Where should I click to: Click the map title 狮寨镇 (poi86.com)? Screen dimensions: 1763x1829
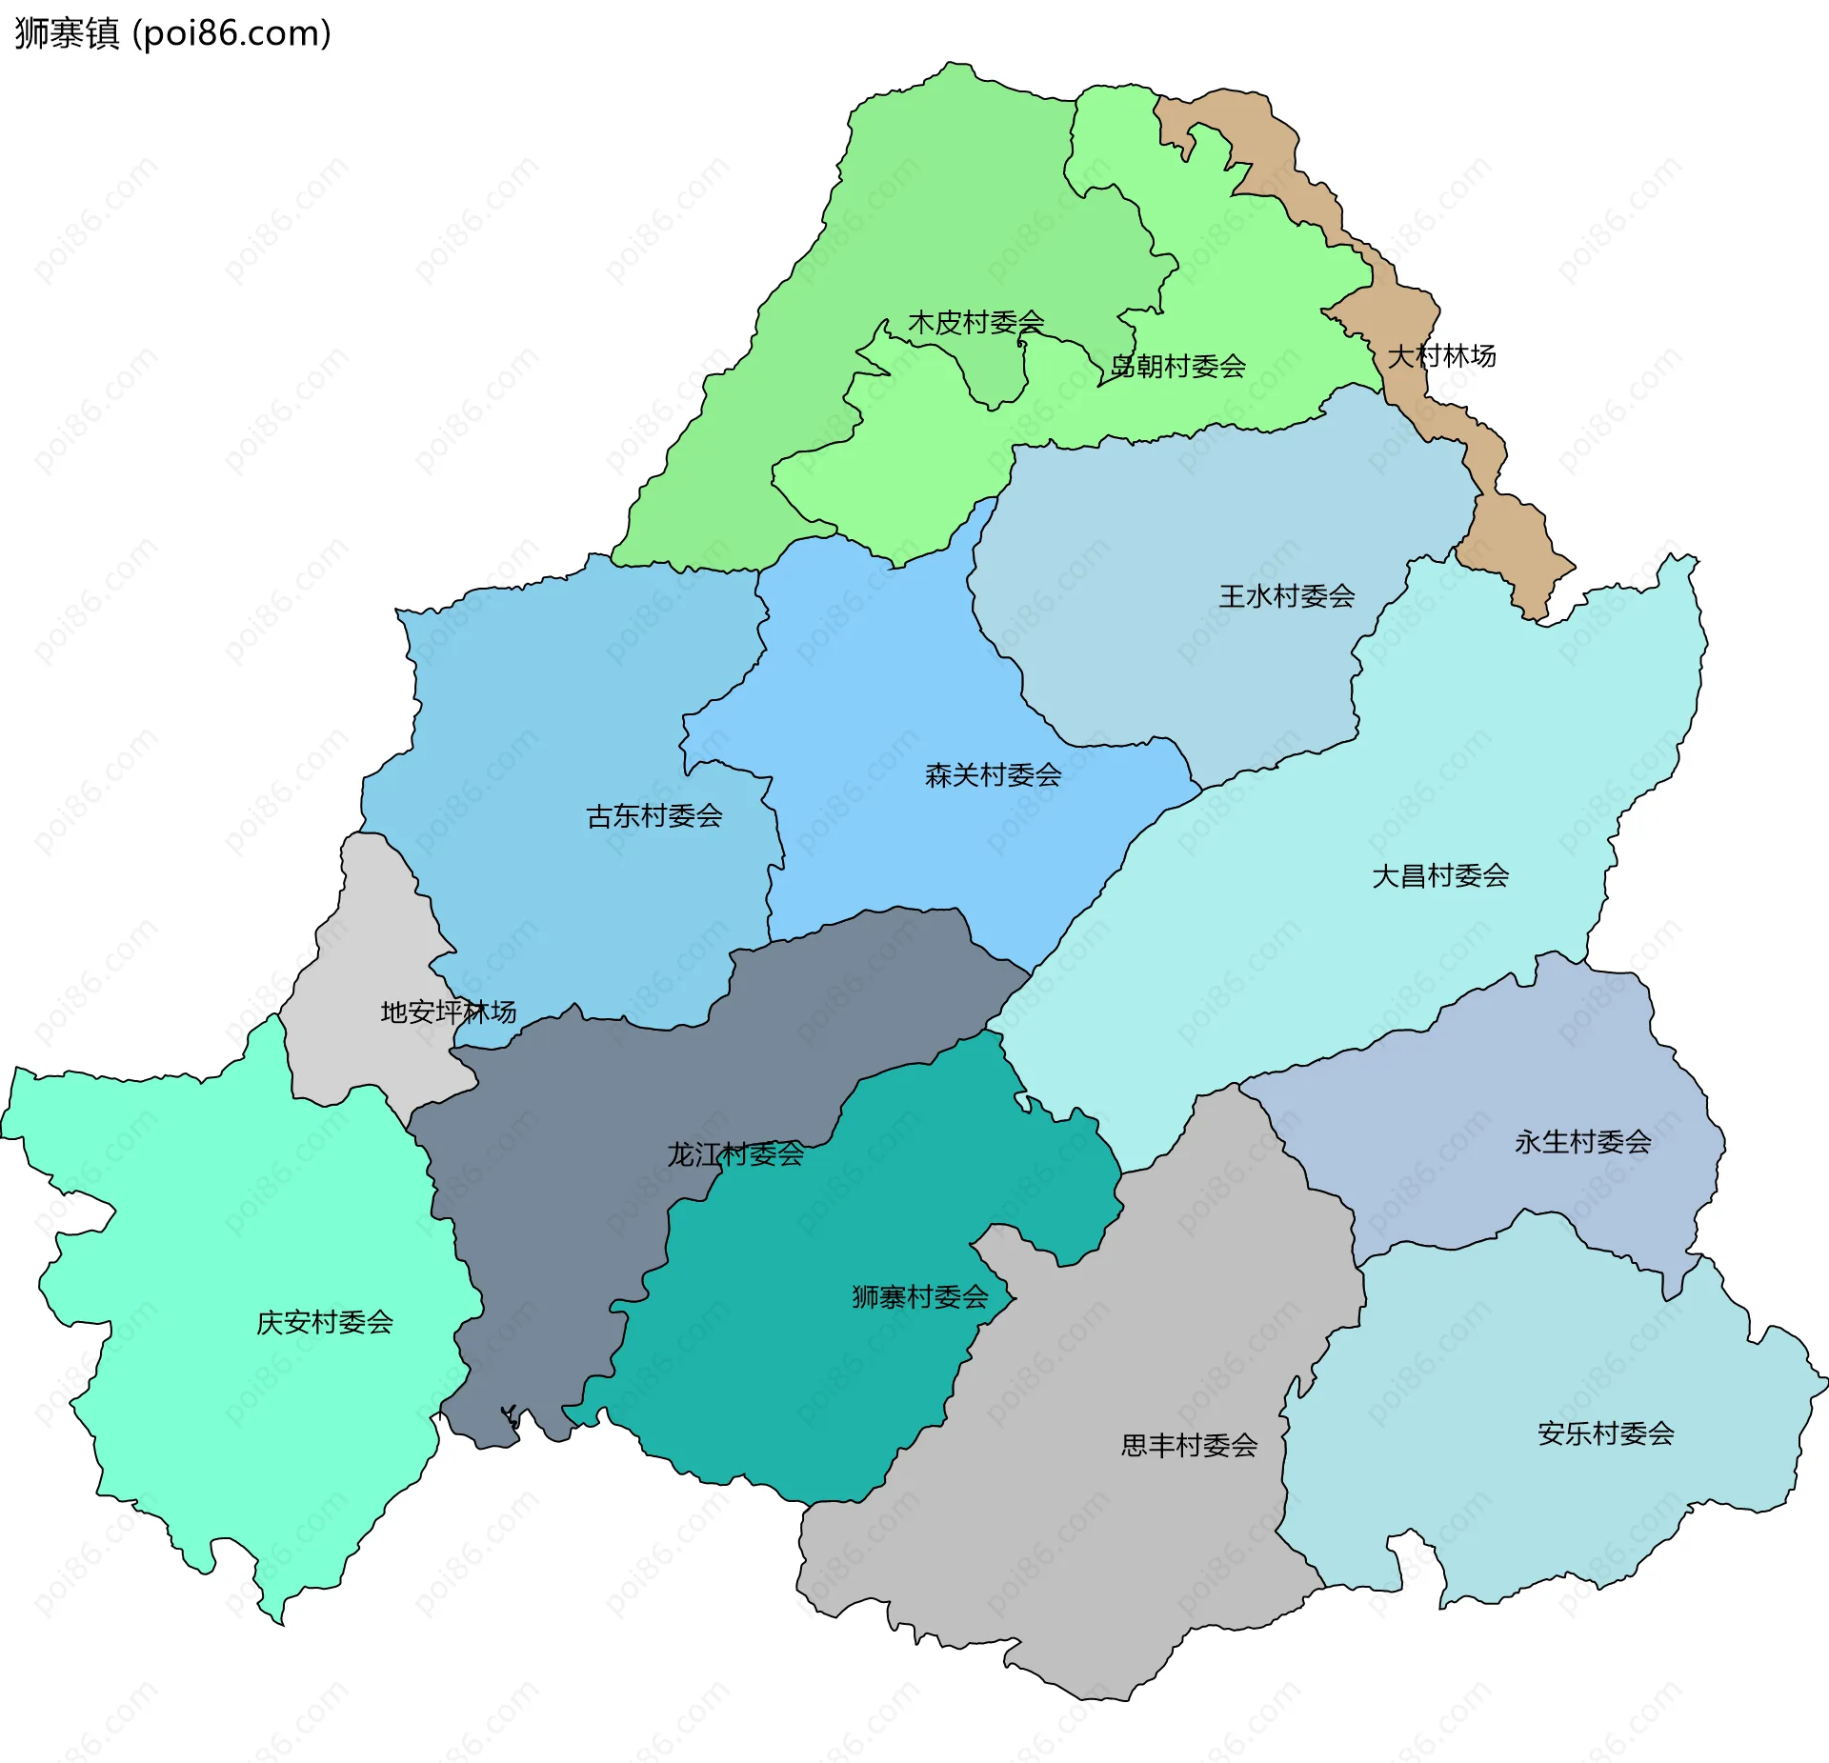point(172,33)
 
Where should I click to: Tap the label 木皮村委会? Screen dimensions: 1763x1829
point(975,322)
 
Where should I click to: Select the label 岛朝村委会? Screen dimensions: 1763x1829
point(1177,366)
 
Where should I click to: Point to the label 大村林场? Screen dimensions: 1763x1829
point(1440,356)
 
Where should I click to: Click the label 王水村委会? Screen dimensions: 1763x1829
point(1286,596)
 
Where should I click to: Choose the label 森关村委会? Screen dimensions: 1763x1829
point(993,775)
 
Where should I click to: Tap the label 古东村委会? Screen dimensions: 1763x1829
point(653,816)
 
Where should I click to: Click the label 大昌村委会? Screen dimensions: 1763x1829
point(1439,876)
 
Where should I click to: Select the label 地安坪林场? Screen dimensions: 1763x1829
point(448,1012)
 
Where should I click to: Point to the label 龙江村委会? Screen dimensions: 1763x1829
point(734,1154)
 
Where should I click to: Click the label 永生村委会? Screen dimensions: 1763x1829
point(1582,1142)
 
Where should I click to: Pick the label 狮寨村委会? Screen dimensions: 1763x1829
point(919,1297)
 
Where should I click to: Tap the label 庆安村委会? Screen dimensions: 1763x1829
point(324,1323)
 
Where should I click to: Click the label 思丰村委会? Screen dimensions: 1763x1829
point(1188,1446)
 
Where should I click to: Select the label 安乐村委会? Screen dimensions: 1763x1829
point(1605,1433)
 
